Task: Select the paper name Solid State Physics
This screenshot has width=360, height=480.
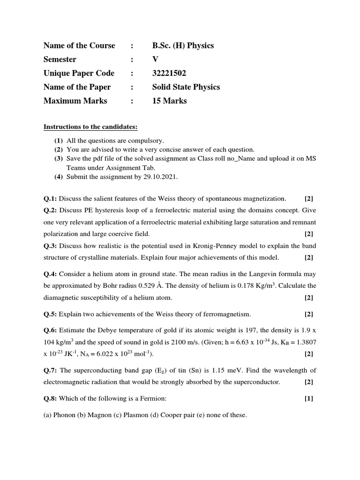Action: [x=186, y=87]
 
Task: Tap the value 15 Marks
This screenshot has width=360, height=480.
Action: [x=169, y=101]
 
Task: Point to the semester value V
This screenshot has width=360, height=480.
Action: [x=155, y=60]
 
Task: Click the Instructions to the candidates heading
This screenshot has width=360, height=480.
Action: [x=90, y=127]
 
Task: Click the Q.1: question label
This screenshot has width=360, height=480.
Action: [x=50, y=199]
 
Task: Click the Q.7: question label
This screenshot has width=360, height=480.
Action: [x=50, y=370]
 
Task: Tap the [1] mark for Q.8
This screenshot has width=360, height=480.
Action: [x=309, y=398]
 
